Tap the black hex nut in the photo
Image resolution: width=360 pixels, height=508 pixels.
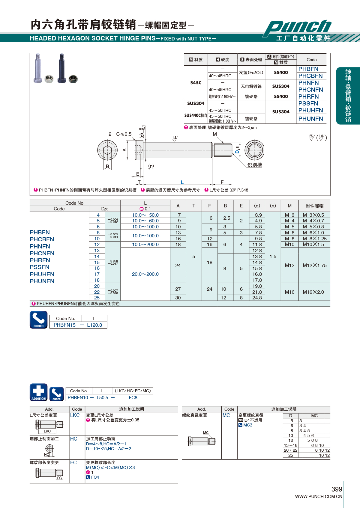coord(73,79)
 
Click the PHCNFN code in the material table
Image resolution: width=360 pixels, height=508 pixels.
coord(310,90)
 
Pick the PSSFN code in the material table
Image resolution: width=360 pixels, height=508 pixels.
coord(308,103)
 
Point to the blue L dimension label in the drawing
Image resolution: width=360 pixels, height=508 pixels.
coord(182,182)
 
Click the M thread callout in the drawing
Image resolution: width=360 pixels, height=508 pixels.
coord(215,134)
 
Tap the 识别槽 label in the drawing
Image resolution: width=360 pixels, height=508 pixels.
coord(254,165)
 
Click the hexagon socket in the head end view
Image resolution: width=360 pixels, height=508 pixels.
coord(107,150)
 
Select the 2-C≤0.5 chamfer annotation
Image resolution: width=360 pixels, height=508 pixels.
coord(120,134)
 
